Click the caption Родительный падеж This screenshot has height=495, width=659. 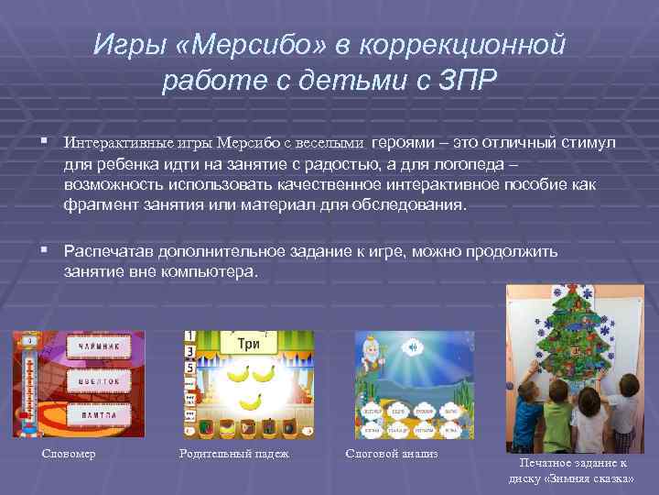pos(234,453)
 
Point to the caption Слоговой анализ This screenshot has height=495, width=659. pos(392,453)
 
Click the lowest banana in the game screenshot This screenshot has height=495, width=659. pos(250,401)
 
